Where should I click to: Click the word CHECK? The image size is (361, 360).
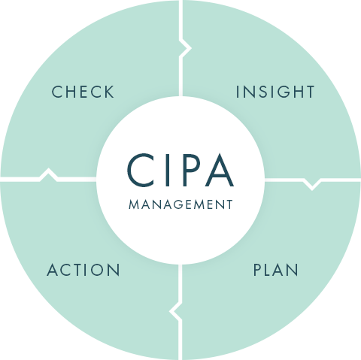click(x=83, y=92)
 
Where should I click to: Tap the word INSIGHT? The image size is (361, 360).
click(x=275, y=92)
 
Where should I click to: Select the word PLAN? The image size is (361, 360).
click(x=276, y=270)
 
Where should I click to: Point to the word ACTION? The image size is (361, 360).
click(x=83, y=270)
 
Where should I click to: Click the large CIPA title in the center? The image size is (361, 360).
click(x=180, y=170)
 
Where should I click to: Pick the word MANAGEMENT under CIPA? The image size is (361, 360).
click(x=180, y=204)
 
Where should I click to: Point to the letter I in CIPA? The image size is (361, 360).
click(x=167, y=171)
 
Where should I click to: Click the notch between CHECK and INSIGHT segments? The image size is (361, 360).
click(x=186, y=48)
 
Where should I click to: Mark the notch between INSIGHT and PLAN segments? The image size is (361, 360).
click(x=312, y=184)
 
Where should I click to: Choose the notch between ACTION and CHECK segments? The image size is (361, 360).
click(x=49, y=174)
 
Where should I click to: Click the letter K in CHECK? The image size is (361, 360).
click(x=109, y=92)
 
